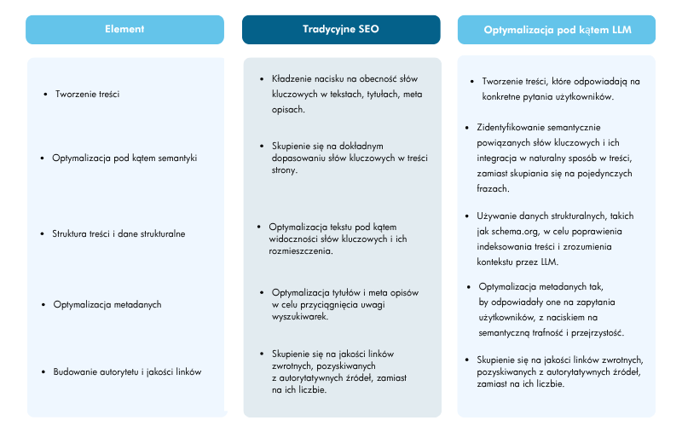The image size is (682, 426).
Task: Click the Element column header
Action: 124,29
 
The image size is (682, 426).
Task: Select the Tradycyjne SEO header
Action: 341,29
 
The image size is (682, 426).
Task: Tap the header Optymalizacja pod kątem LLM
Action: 558,30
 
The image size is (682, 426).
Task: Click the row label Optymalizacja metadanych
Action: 107,304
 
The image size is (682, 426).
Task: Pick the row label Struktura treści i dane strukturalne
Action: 118,233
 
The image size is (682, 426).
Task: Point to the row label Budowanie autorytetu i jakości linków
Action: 127,371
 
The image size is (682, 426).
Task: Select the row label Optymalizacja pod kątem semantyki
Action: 124,158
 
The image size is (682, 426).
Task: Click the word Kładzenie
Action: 289,78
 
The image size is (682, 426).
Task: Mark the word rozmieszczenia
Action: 302,251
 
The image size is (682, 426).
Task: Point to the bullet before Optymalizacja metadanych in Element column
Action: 43,304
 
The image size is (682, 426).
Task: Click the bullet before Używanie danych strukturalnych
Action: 467,216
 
